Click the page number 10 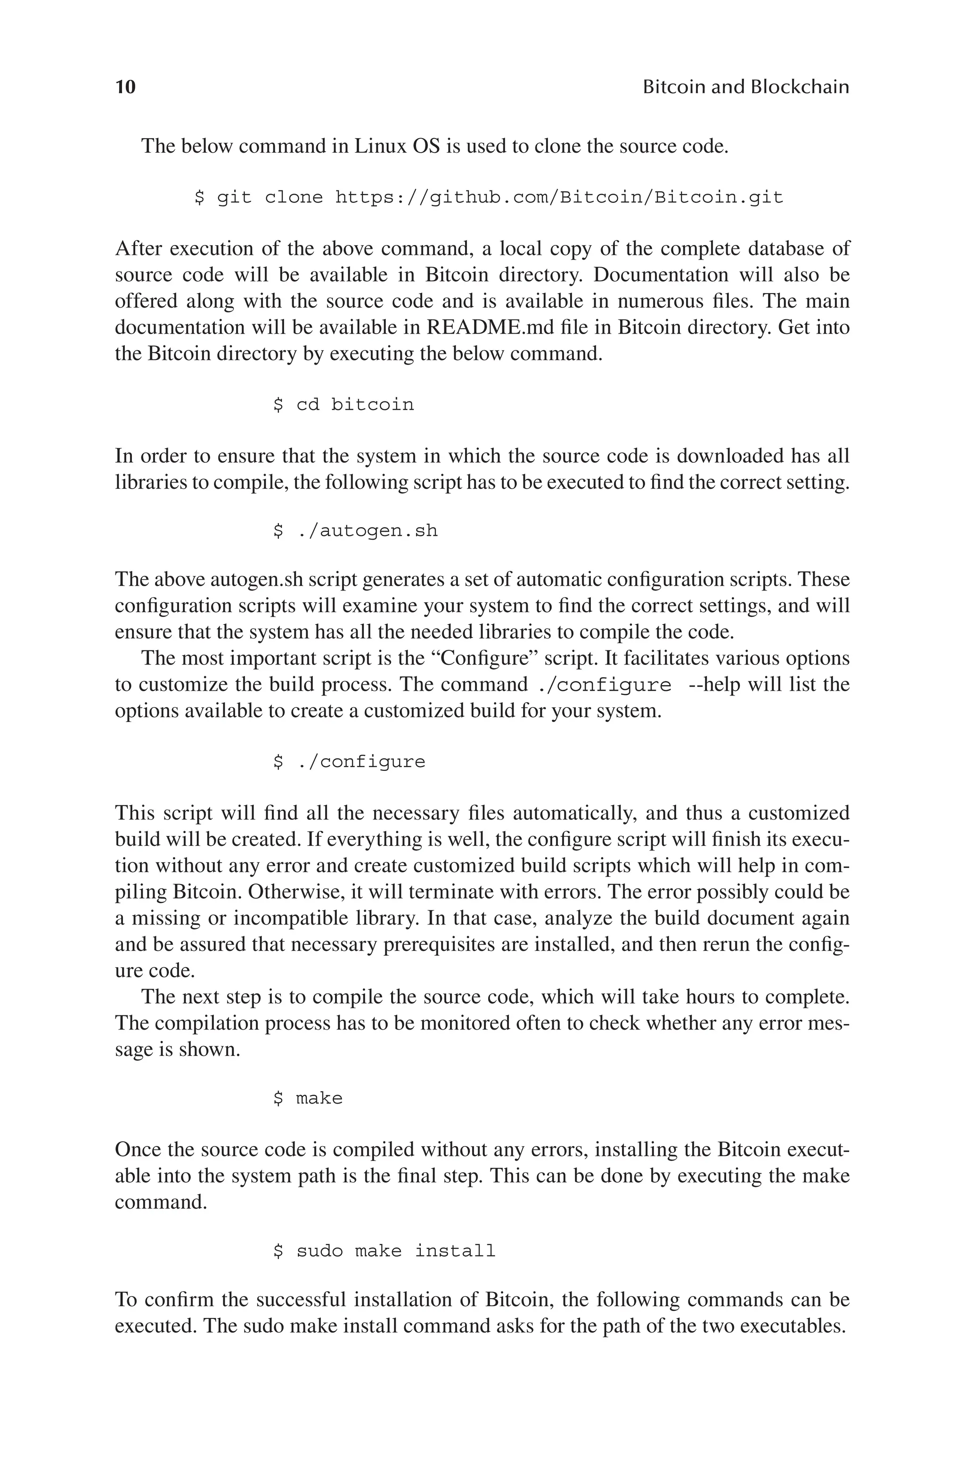tap(125, 87)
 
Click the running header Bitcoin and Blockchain tap(745, 87)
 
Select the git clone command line tap(489, 197)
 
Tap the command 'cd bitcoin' tap(343, 405)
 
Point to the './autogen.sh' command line tap(356, 531)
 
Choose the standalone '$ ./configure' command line tap(349, 762)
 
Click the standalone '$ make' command tap(308, 1098)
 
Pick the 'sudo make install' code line tap(384, 1251)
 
